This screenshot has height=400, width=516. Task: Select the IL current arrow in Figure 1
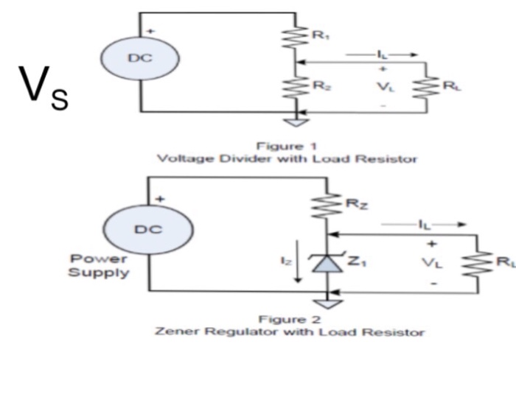pyautogui.click(x=383, y=55)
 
